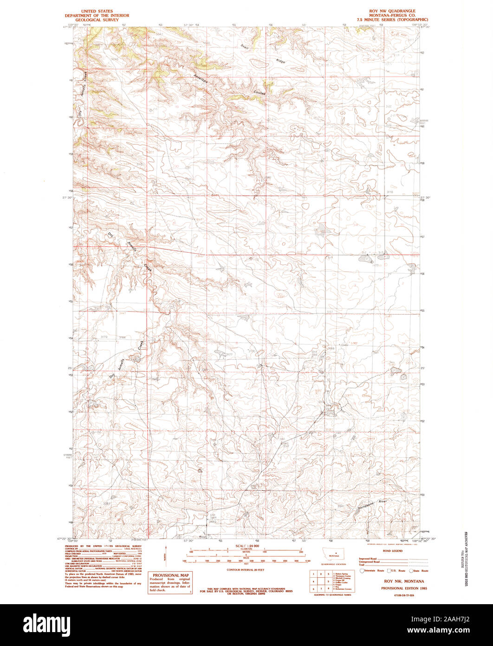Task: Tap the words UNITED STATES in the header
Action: coord(97,11)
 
